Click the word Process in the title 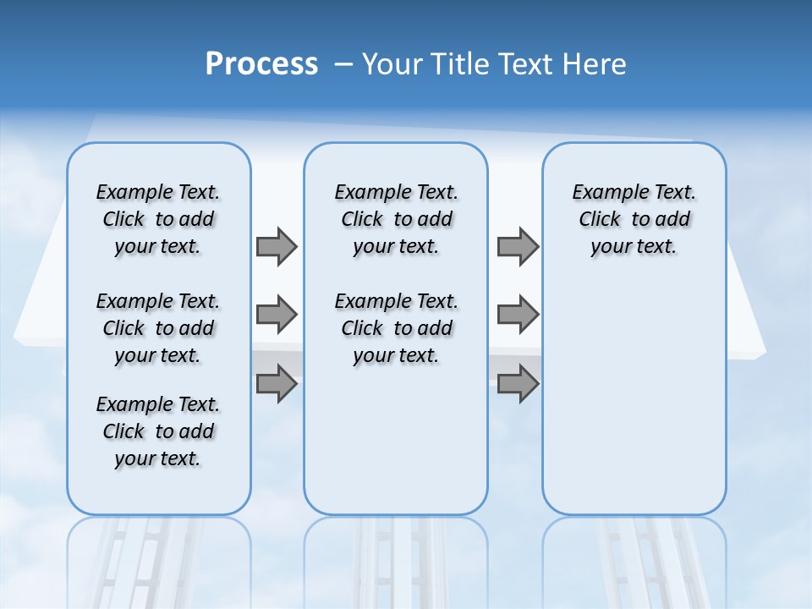coord(261,63)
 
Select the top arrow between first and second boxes coord(277,246)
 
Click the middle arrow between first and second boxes coord(277,315)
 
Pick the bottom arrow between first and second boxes coord(277,384)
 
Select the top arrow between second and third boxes coord(518,246)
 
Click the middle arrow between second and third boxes coord(518,315)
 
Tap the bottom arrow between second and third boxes coord(518,384)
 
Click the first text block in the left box coord(158,219)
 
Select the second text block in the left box coord(158,328)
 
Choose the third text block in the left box coord(158,431)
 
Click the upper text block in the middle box coord(396,219)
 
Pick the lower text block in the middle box coord(396,328)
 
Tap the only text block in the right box coord(634,219)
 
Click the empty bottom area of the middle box coord(396,448)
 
